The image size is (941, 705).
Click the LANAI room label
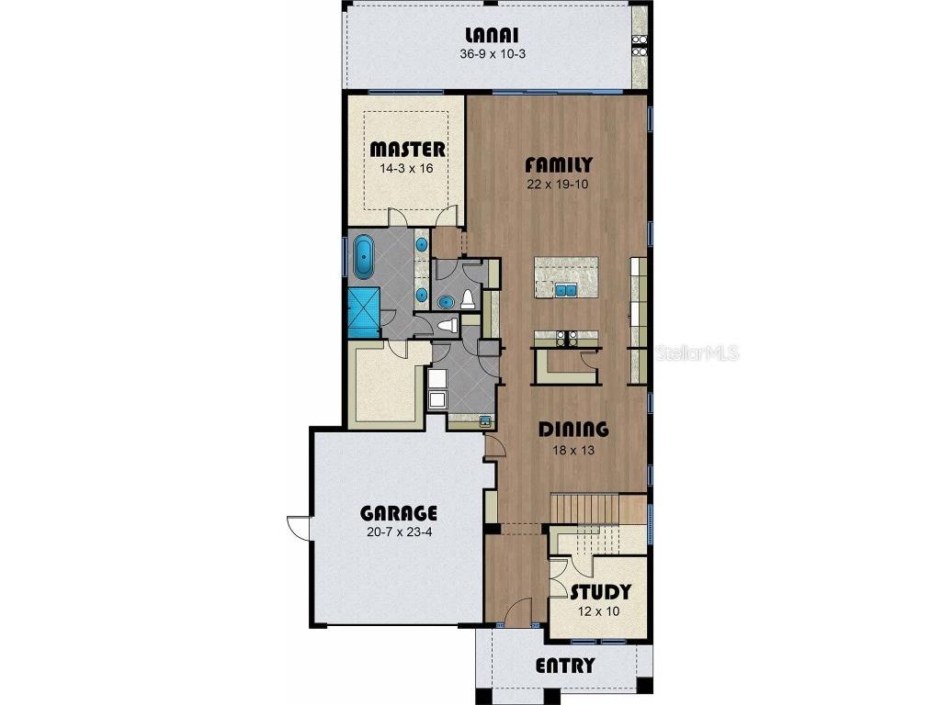pos(493,36)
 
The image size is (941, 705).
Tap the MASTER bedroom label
pos(407,150)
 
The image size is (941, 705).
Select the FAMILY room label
pos(558,165)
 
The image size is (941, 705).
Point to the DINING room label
pos(573,429)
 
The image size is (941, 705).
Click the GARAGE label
pos(398,513)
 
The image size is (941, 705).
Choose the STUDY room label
pos(600,592)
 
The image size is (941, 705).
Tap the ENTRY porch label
pos(565,666)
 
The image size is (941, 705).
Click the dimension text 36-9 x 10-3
pos(493,54)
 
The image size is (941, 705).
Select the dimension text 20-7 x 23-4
pos(398,532)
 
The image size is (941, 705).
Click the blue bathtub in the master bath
pos(364,257)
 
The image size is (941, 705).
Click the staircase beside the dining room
pos(598,508)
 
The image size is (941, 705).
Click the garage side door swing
pos(298,526)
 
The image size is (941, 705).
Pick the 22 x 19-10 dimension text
pos(558,185)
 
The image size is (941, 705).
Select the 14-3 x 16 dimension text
pos(407,169)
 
